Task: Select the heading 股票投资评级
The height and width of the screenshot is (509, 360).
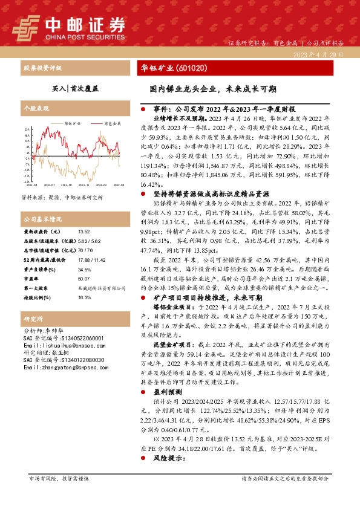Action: coord(40,68)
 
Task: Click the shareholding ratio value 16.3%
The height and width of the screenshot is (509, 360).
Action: coord(84,298)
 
